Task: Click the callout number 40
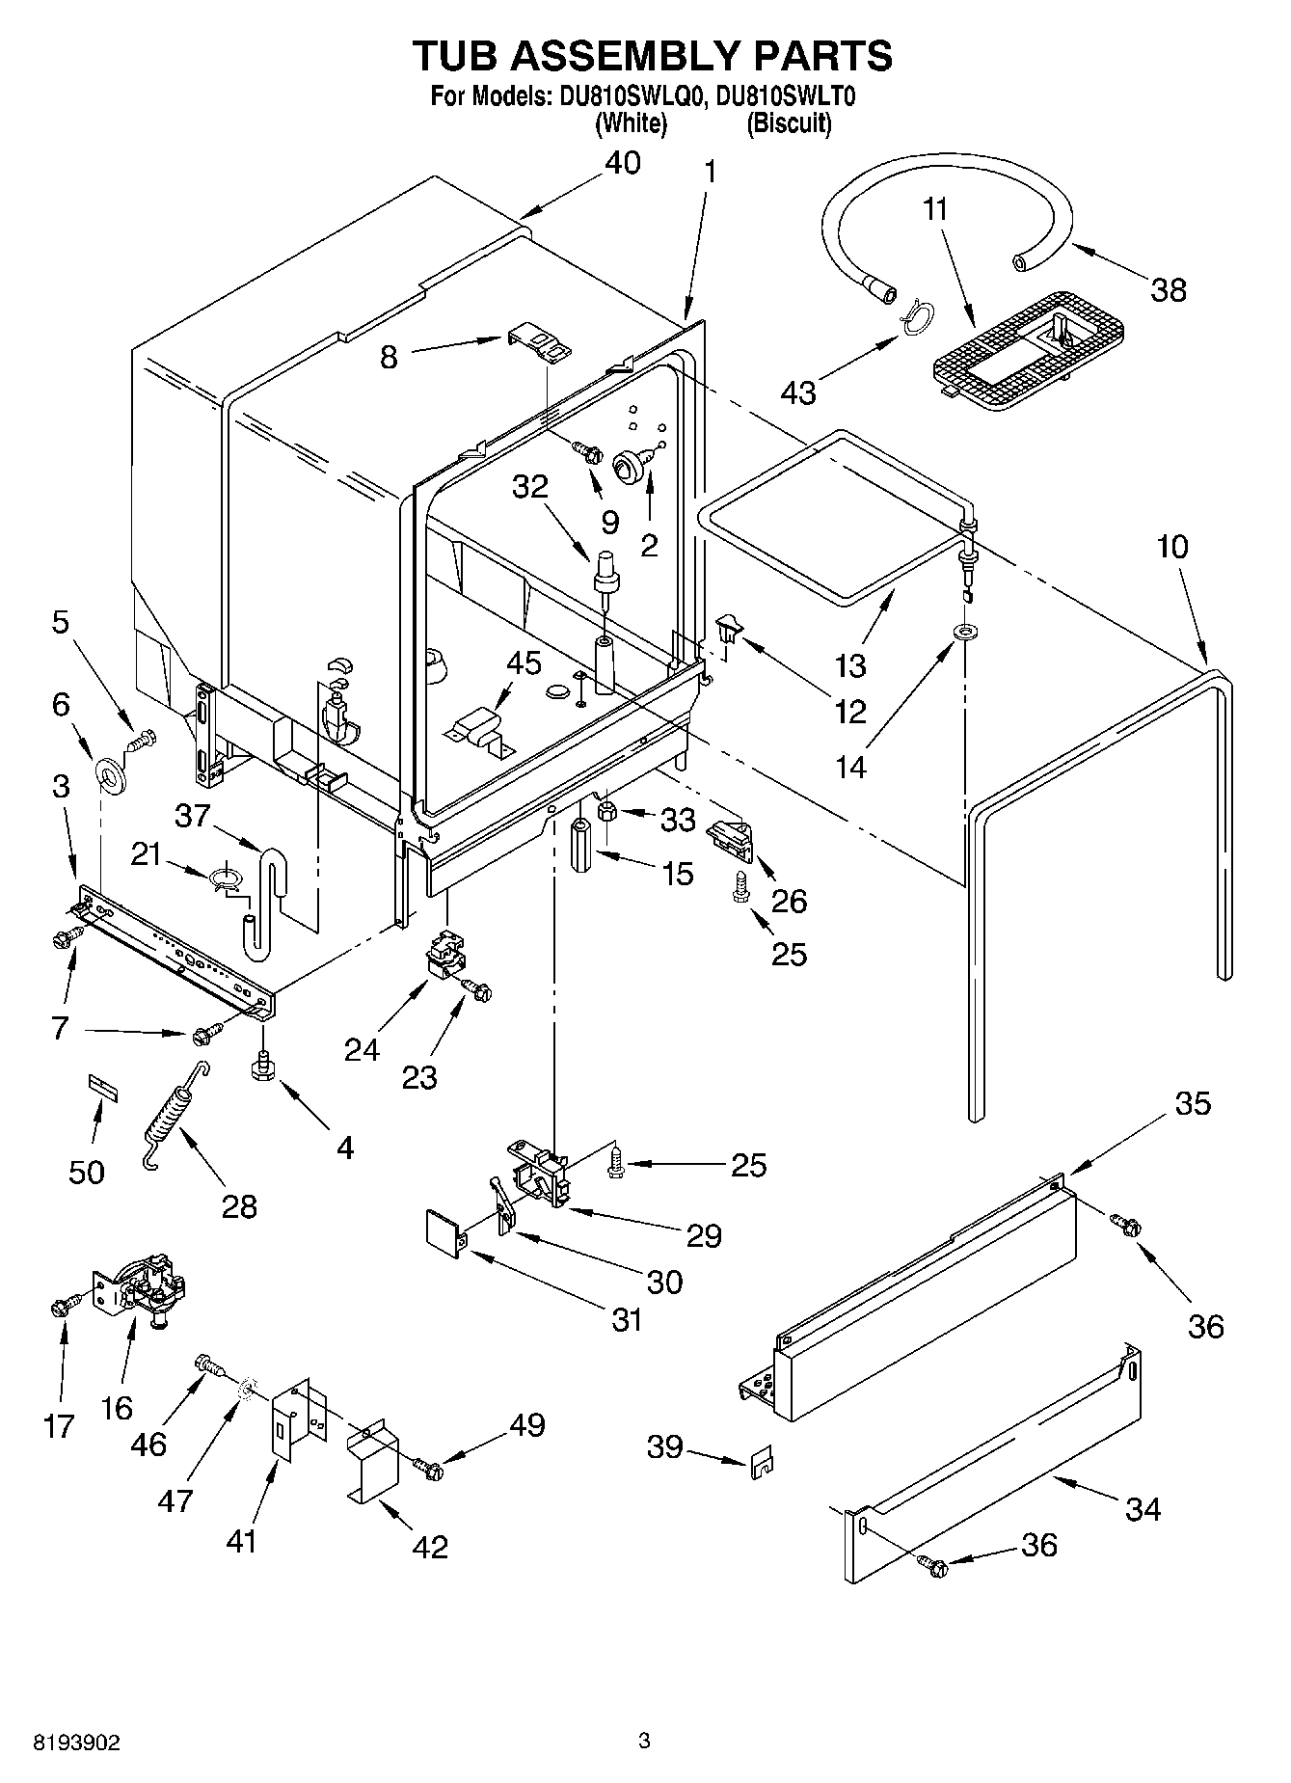tap(622, 163)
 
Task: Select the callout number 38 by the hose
tap(1169, 289)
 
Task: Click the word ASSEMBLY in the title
tap(652, 56)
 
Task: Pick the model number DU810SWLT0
tap(787, 96)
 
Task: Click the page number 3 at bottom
tap(645, 1742)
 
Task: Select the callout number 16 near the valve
tap(117, 1407)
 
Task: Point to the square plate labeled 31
tap(444, 1233)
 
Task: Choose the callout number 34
tap(1143, 1507)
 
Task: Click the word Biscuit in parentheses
tap(789, 123)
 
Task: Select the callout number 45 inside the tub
tap(524, 663)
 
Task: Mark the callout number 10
tap(1172, 547)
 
